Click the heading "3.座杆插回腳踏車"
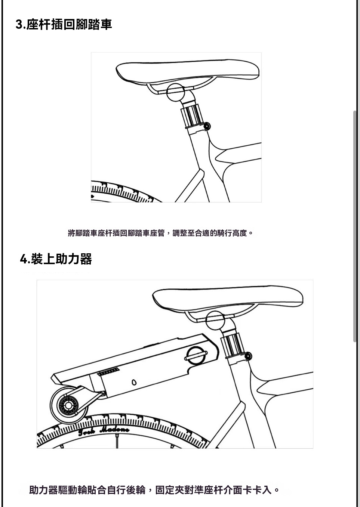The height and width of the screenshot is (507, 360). click(x=64, y=24)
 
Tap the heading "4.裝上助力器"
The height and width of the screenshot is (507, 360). click(x=56, y=259)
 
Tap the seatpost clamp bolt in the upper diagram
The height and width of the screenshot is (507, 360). click(x=207, y=126)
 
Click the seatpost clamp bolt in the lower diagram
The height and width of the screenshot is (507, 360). click(x=248, y=356)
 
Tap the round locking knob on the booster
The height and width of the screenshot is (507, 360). click(x=196, y=356)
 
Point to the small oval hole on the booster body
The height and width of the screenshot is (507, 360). click(x=134, y=382)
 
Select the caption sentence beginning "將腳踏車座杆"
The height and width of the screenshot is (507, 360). click(x=160, y=233)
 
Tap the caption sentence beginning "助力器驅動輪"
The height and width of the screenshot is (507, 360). click(x=154, y=490)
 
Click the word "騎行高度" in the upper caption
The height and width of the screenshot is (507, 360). click(x=232, y=233)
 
